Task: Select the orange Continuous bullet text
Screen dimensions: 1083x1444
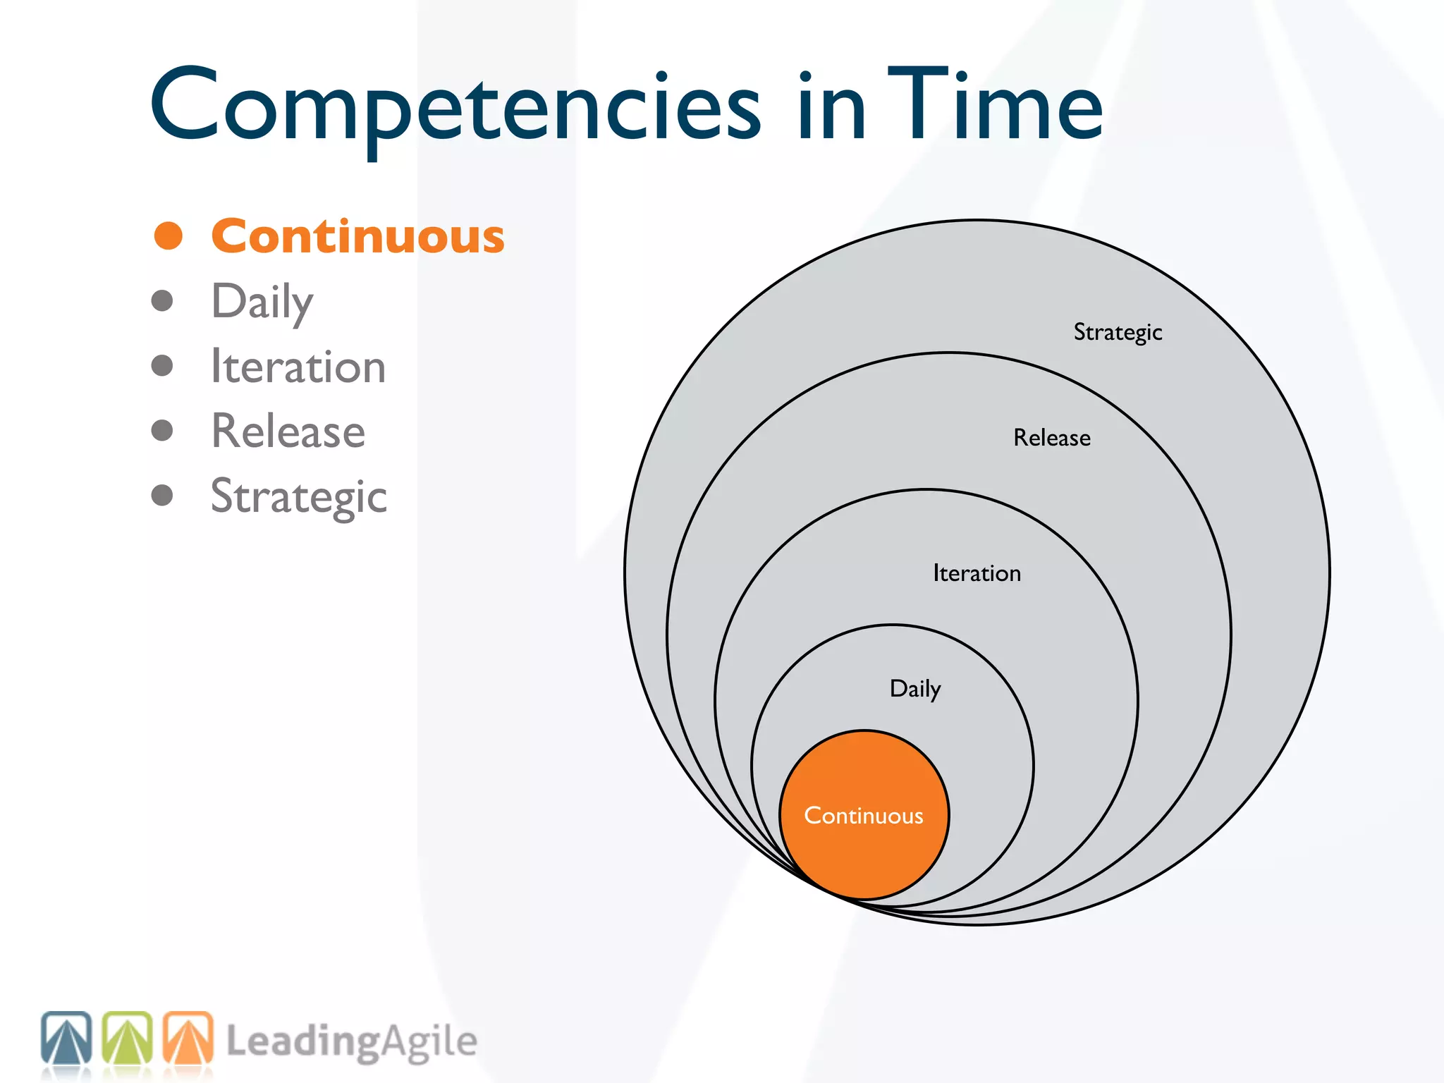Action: pos(357,236)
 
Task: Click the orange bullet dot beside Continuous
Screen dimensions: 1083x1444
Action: pos(169,235)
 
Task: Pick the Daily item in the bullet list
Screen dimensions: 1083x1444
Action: pos(262,302)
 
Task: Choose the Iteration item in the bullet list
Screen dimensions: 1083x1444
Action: pos(298,367)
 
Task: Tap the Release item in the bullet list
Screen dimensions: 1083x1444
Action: pos(288,432)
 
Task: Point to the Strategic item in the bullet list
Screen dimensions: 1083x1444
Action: pos(298,496)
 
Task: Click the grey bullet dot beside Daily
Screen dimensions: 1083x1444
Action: pos(162,301)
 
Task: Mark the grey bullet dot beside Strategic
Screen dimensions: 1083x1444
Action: pos(162,495)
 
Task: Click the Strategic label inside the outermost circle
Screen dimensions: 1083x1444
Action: pos(1118,332)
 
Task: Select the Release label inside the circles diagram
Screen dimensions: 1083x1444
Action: pos(1051,438)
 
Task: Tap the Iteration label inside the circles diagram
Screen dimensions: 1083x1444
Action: pos(977,573)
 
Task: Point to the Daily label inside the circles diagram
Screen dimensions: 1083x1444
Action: pos(915,689)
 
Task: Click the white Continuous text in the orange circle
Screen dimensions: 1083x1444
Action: pos(864,816)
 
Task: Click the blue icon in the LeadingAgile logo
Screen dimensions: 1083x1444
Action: pos(66,1038)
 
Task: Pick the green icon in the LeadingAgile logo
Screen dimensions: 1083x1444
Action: pos(128,1038)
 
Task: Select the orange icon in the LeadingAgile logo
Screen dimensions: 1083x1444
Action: pos(188,1038)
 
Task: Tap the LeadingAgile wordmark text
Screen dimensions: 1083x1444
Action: pos(351,1042)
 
